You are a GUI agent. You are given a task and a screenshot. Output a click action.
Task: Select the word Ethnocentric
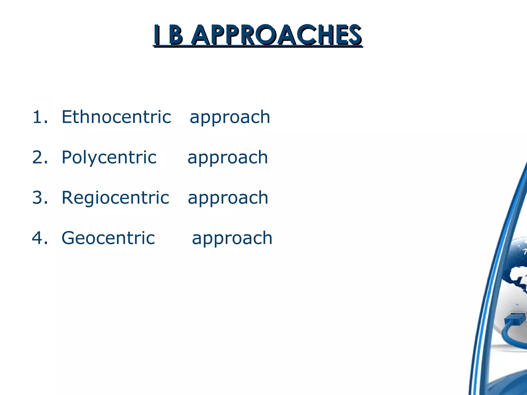point(116,117)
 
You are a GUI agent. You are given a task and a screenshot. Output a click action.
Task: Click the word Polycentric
point(109,157)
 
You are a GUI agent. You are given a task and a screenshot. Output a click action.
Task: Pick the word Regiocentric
point(115,197)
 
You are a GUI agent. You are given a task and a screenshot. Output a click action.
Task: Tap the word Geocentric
point(108,238)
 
